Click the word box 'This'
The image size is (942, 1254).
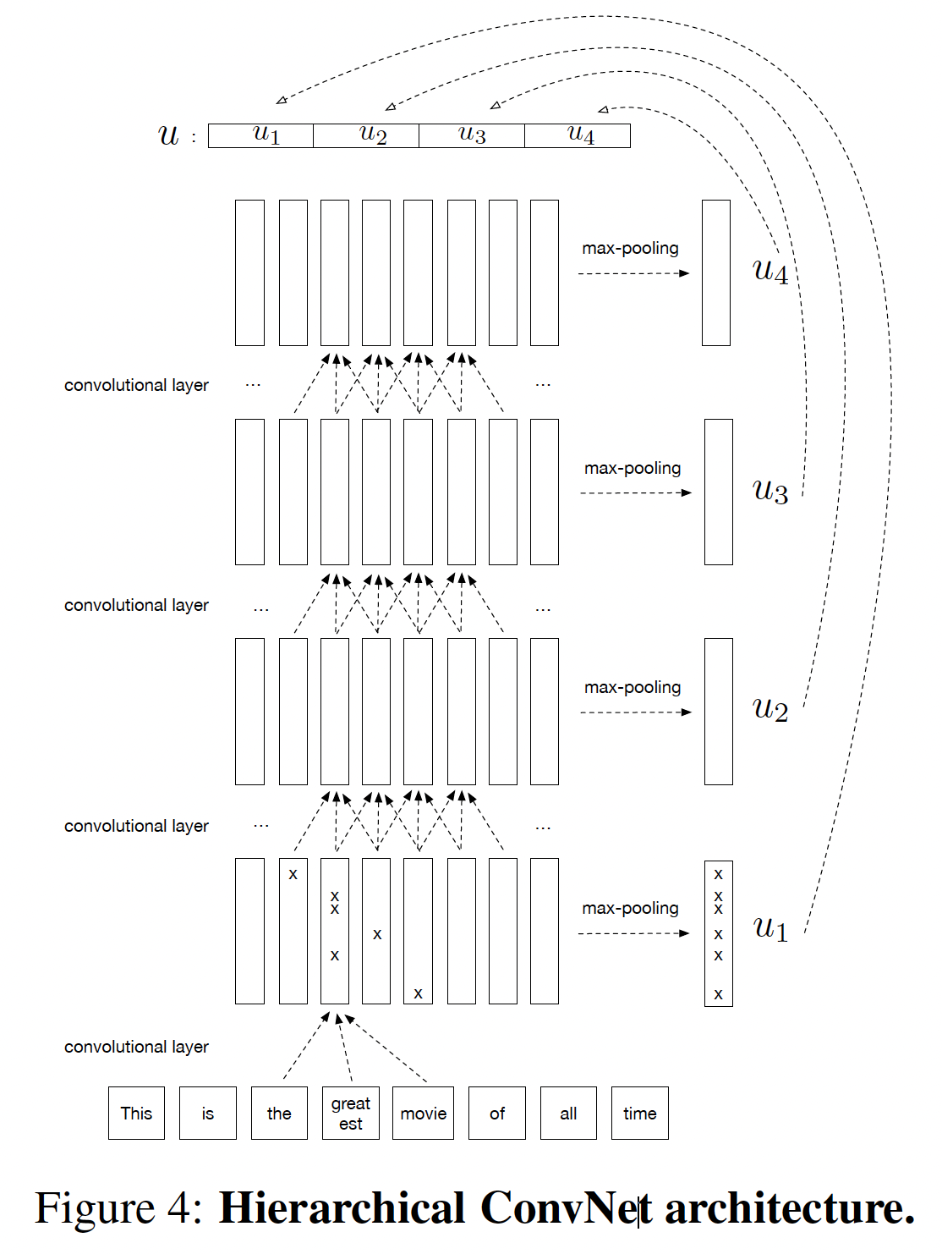pyautogui.click(x=136, y=1113)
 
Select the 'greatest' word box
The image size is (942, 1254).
pyautogui.click(x=350, y=1113)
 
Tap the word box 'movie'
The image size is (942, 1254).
pyautogui.click(x=423, y=1113)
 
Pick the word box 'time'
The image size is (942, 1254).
pyautogui.click(x=639, y=1113)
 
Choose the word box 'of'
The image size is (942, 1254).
pyautogui.click(x=496, y=1113)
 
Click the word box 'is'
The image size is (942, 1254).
pyautogui.click(x=207, y=1113)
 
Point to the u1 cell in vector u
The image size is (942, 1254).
pyautogui.click(x=261, y=135)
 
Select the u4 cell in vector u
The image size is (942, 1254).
pyautogui.click(x=578, y=135)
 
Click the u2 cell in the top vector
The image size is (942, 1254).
pyautogui.click(x=366, y=135)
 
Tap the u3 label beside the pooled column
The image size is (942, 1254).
pyautogui.click(x=770, y=491)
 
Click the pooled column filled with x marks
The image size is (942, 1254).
pyautogui.click(x=718, y=932)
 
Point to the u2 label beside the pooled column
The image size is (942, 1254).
pyautogui.click(x=770, y=709)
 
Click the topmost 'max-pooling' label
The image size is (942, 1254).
pyautogui.click(x=630, y=248)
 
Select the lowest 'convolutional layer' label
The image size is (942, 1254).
pyautogui.click(x=136, y=1047)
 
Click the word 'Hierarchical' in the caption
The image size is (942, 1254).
pyautogui.click(x=342, y=1207)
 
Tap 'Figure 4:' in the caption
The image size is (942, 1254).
pyautogui.click(x=118, y=1207)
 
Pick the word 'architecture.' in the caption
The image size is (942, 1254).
pyautogui.click(x=790, y=1207)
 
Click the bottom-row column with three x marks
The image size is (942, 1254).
pyautogui.click(x=335, y=931)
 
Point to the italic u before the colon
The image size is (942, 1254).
pyautogui.click(x=169, y=135)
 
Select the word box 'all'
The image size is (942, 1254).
pyautogui.click(x=568, y=1113)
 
